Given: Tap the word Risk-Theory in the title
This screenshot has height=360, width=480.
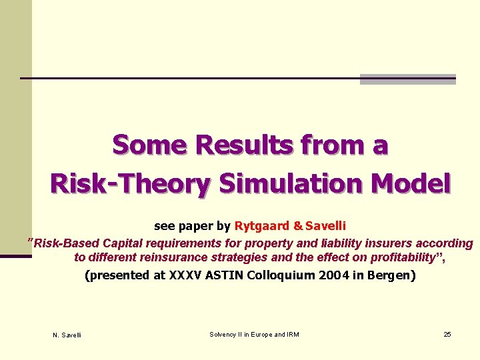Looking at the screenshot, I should pos(129,183).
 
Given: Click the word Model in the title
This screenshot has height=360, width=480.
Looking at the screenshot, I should pos(412,183).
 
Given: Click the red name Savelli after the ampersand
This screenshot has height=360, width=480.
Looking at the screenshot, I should pos(325,226).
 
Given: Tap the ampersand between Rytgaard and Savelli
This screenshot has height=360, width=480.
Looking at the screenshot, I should pos(297,226).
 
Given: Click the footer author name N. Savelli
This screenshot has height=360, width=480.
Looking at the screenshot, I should pos(67,335).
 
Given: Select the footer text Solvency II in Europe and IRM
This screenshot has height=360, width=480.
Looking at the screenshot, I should pos(254,334).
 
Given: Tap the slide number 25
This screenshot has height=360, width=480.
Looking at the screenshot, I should pos(447,334).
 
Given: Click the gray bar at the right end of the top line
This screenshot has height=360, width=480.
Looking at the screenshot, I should pos(407,79).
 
